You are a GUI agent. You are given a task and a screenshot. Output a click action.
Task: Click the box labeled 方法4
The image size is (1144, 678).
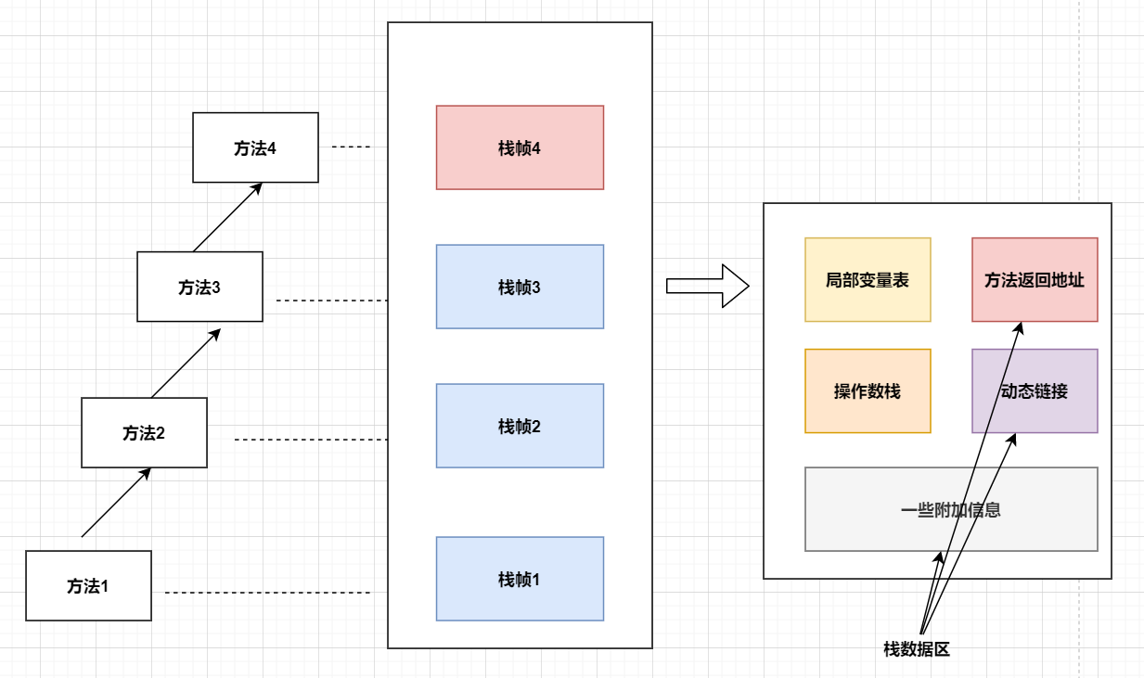click(x=255, y=147)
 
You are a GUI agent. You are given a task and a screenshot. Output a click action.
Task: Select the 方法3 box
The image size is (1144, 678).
click(x=199, y=287)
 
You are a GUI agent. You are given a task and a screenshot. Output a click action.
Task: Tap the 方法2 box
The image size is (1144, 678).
click(x=144, y=432)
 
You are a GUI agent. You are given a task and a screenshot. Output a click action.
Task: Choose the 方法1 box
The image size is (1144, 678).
click(x=88, y=585)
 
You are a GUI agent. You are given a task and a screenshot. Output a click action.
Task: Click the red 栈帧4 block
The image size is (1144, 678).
click(x=520, y=147)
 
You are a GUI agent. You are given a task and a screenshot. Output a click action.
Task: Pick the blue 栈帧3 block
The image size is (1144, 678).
click(x=520, y=287)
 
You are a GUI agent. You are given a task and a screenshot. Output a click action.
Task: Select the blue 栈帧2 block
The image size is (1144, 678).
click(x=520, y=426)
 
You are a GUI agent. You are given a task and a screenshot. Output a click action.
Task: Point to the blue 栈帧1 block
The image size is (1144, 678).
click(x=520, y=579)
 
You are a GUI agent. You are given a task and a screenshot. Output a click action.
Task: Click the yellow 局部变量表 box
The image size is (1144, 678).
click(x=868, y=279)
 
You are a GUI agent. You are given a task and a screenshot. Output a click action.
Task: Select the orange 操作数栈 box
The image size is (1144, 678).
click(x=868, y=390)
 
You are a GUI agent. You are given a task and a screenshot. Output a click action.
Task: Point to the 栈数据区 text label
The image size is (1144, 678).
click(x=917, y=649)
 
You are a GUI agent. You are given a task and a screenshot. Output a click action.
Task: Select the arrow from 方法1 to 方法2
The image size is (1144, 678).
click(x=116, y=503)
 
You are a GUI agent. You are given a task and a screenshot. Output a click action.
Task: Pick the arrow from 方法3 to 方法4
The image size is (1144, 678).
click(x=227, y=217)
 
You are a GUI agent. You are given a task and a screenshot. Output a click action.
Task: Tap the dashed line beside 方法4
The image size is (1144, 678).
click(x=351, y=147)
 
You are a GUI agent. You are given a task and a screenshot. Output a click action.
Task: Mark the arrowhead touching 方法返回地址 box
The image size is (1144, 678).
click(x=1019, y=327)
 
